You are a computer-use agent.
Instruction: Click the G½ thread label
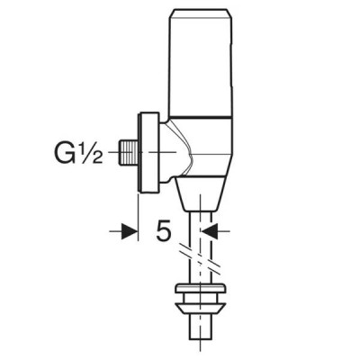78,152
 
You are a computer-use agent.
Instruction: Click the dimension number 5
164,231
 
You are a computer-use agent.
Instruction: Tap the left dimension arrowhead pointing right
130,231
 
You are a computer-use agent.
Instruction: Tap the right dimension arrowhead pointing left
209,231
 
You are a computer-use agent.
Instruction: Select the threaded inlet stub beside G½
128,152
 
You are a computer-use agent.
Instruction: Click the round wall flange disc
148,152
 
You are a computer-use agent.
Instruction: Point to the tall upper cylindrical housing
201,63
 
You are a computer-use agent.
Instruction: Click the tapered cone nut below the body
200,193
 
